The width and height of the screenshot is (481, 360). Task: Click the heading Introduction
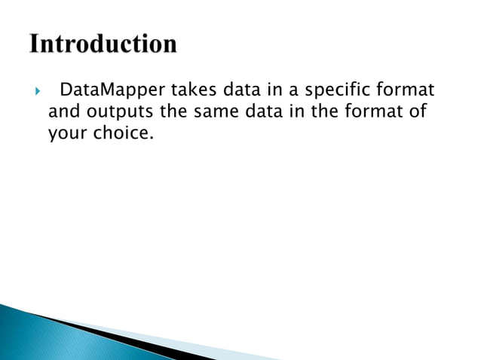104,44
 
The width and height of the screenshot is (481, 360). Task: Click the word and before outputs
63,114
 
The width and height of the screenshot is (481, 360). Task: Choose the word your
66,135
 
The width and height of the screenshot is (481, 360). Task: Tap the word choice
115,135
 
